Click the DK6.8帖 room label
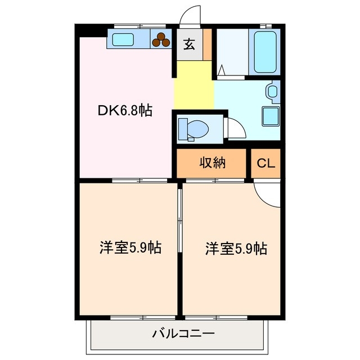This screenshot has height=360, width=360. (x=124, y=110)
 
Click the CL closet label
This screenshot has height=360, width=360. (x=266, y=164)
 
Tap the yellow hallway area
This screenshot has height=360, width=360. (x=193, y=86)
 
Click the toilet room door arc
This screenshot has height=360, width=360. (x=235, y=129)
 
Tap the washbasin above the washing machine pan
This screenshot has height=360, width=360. (x=273, y=91)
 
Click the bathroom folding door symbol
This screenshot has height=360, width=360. (x=222, y=71)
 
